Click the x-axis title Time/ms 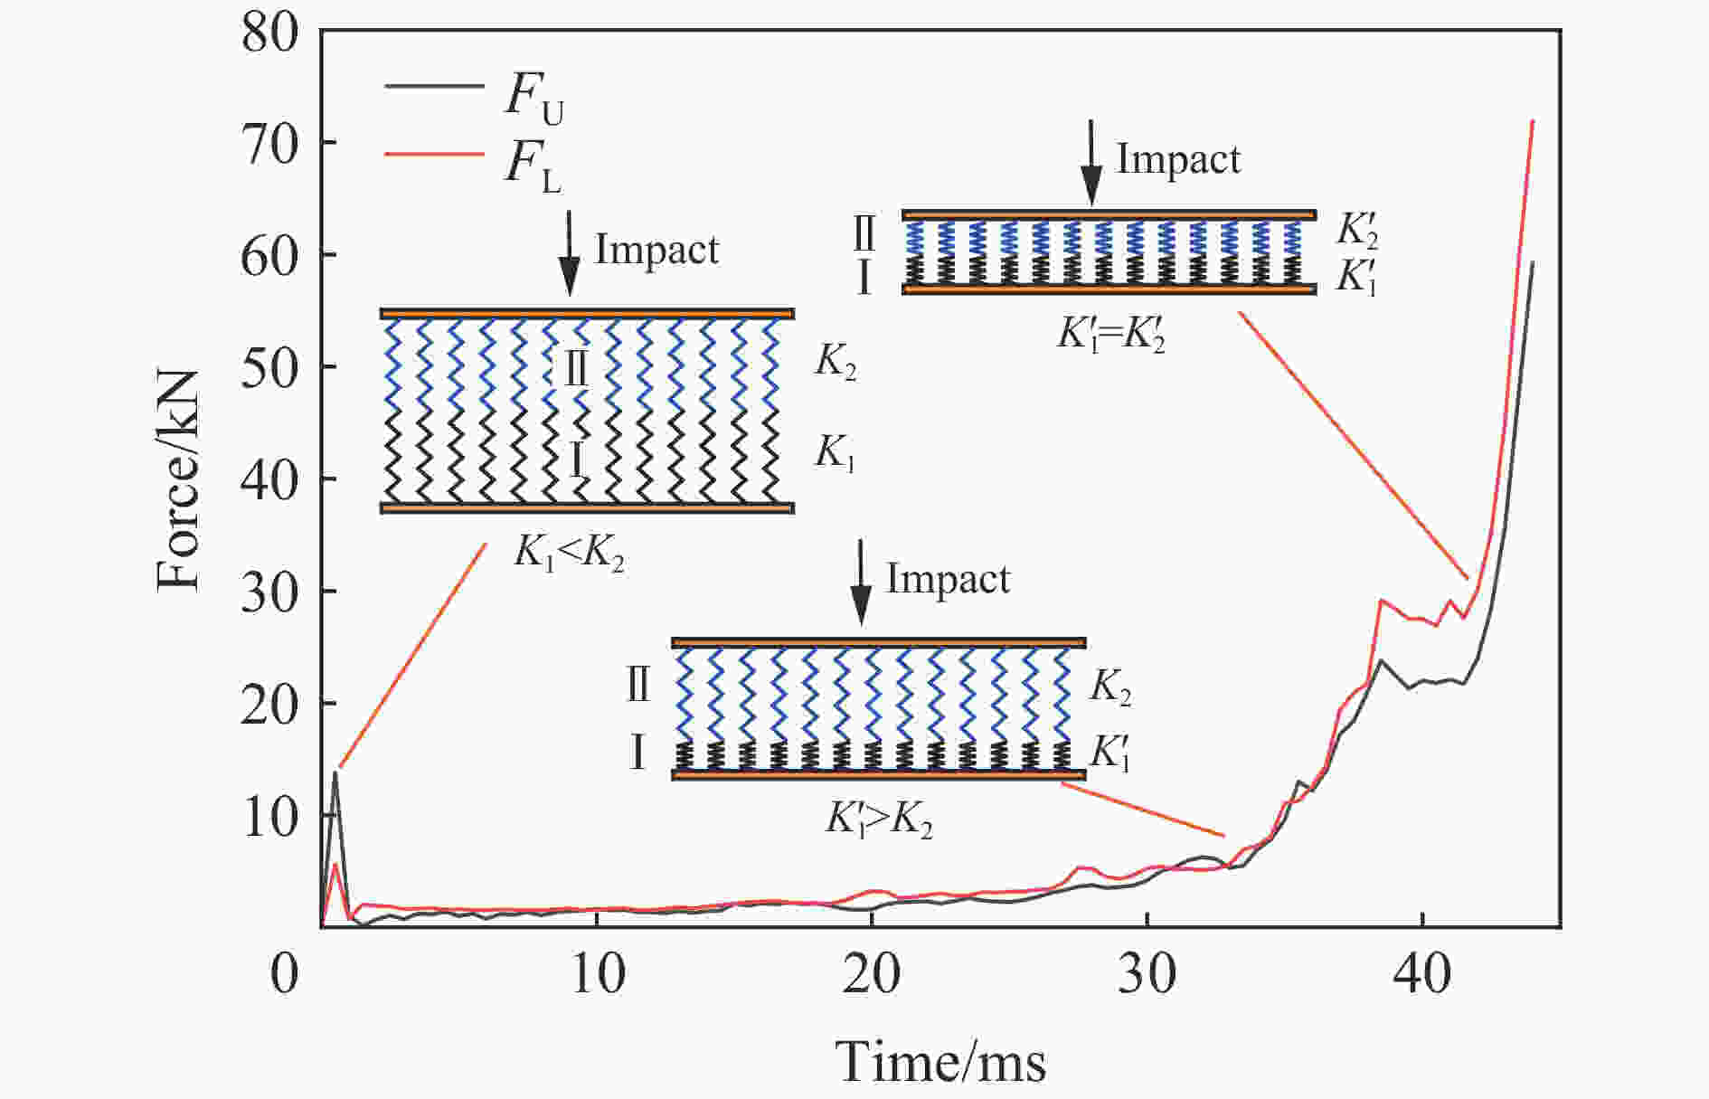pyautogui.click(x=940, y=1061)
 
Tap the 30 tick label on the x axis pyautogui.click(x=1147, y=974)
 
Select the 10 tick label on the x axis pyautogui.click(x=598, y=974)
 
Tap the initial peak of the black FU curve pyautogui.click(x=335, y=772)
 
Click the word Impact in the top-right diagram pyautogui.click(x=1178, y=159)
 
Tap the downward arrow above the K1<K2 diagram pyautogui.click(x=569, y=252)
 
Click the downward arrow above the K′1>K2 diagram pyautogui.click(x=861, y=583)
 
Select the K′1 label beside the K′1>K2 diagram pyautogui.click(x=1111, y=753)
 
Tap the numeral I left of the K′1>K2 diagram pyautogui.click(x=637, y=753)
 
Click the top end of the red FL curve pyautogui.click(x=1532, y=121)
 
